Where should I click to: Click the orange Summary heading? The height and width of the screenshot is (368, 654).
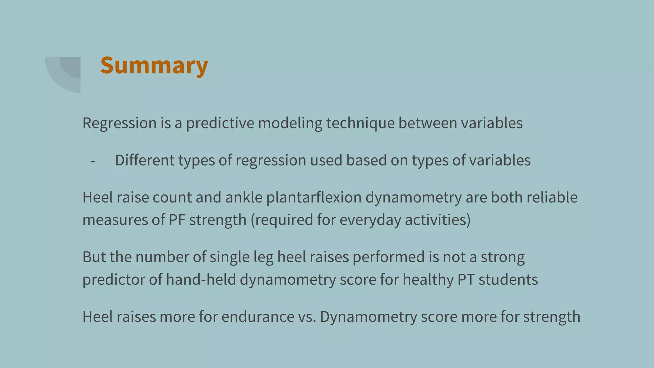(x=154, y=65)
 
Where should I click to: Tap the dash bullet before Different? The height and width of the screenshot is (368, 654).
(x=93, y=161)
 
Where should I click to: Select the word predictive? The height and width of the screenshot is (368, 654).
(x=220, y=123)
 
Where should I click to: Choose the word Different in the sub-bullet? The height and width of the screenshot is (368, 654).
(x=145, y=160)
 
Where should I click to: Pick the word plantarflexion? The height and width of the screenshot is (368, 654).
(x=314, y=197)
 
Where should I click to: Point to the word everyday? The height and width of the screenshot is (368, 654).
(x=370, y=220)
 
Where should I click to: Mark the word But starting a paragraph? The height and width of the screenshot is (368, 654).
(x=94, y=257)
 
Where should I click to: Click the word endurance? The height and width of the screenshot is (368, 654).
(x=258, y=317)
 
